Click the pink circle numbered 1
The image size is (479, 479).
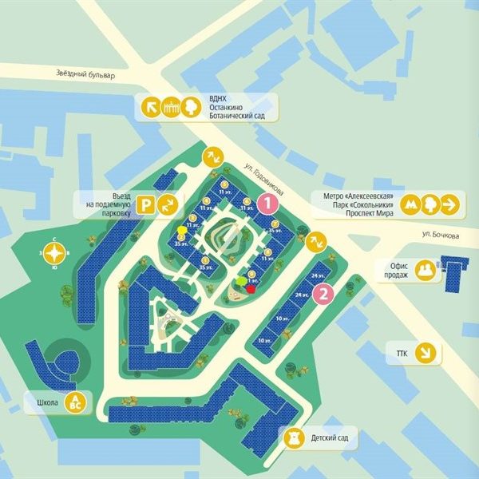[x=269, y=204]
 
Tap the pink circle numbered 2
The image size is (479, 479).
[x=323, y=295]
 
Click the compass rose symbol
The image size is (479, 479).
[x=53, y=255]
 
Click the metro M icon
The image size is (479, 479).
[x=410, y=205]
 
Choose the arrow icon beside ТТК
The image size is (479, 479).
[x=429, y=351]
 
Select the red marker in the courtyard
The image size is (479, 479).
[x=251, y=290]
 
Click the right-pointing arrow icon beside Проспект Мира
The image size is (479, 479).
[x=451, y=205]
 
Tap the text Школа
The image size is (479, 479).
[x=45, y=402]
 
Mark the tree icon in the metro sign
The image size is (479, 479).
[x=430, y=205]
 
